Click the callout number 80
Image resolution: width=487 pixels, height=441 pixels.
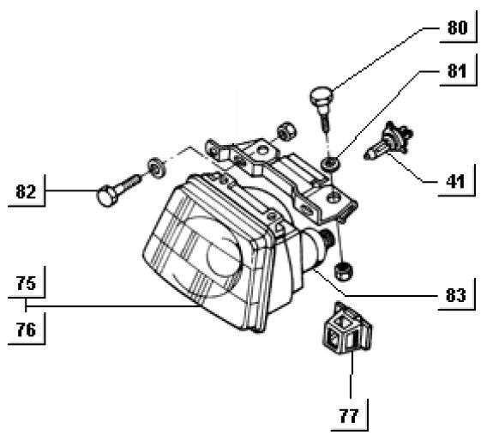457,27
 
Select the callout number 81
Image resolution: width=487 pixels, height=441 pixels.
457,71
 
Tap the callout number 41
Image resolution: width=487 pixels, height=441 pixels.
455,181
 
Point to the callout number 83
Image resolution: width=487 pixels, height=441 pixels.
455,294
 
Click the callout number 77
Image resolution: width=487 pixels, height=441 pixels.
349,415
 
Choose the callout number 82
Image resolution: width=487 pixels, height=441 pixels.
26,191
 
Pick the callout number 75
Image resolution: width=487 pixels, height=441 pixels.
26,283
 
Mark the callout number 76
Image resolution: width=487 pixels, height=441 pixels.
26,329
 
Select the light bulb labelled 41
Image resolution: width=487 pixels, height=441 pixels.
389,141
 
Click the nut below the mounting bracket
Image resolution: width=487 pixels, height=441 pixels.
343,270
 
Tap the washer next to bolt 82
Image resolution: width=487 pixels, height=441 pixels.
157,168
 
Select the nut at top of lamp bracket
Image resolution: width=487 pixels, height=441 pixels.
286,131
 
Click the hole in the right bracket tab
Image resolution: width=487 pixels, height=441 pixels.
333,196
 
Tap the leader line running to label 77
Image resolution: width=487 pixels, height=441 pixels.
352,374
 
